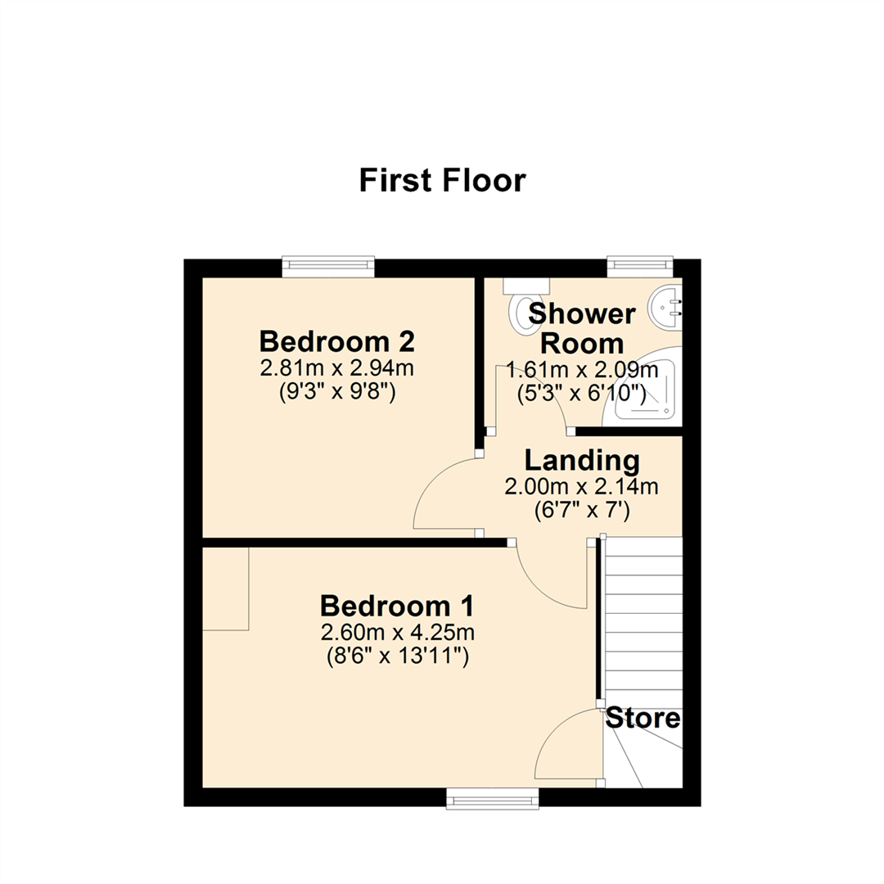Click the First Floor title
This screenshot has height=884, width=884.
[442, 180]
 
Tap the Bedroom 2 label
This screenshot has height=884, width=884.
[337, 341]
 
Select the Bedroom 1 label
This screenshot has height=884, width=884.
[397, 607]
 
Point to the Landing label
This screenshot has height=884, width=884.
[581, 460]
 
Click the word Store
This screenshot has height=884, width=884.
[643, 719]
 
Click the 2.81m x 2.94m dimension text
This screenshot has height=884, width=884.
[337, 368]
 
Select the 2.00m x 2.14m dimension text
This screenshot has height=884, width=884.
[581, 488]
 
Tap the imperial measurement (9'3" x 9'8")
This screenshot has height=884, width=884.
[337, 393]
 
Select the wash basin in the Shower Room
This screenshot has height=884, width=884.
[665, 307]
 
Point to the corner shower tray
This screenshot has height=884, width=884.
[647, 393]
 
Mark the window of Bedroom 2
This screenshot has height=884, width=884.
[328, 267]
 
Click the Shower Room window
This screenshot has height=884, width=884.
[639, 267]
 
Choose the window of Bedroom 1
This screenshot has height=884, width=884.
[492, 798]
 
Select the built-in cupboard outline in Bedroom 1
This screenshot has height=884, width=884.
[225, 589]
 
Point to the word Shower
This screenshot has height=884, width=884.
[582, 314]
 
